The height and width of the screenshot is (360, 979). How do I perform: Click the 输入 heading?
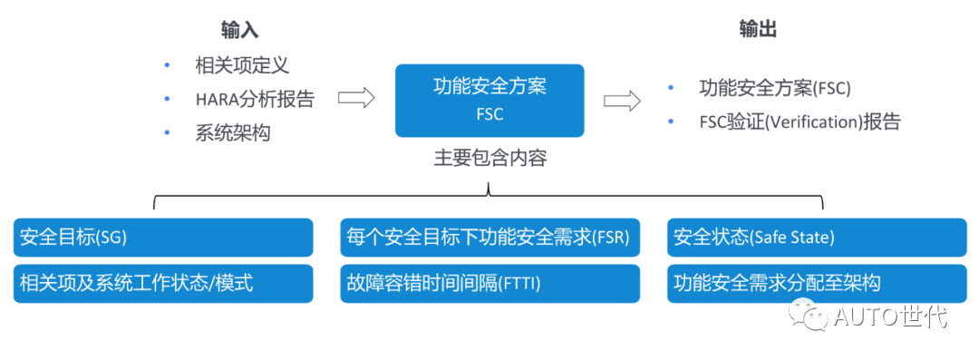click(240, 30)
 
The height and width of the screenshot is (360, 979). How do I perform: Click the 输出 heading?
click(758, 30)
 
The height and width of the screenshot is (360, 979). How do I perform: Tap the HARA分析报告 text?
click(255, 99)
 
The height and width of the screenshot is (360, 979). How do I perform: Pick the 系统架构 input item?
click(232, 132)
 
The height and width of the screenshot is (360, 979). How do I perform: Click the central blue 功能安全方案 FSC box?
click(489, 100)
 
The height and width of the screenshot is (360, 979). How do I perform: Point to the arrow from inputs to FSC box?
click(356, 99)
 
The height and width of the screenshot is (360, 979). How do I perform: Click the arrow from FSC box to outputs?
click(622, 100)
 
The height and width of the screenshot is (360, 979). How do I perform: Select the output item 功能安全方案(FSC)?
click(775, 88)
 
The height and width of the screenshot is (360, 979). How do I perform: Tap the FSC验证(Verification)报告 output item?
click(800, 122)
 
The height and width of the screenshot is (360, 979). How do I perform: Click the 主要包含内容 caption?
click(489, 158)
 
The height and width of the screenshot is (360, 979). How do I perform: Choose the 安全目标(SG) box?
click(163, 238)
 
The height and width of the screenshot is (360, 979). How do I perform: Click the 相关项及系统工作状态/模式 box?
click(163, 284)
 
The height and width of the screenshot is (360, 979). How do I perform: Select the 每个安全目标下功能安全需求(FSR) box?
click(489, 238)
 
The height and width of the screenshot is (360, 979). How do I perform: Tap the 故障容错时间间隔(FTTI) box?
click(489, 284)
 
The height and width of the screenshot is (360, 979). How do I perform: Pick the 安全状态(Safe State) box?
click(817, 238)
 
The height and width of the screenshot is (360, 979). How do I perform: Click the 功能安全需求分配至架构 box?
click(817, 284)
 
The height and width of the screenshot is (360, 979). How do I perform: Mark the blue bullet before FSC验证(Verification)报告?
click(671, 122)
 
